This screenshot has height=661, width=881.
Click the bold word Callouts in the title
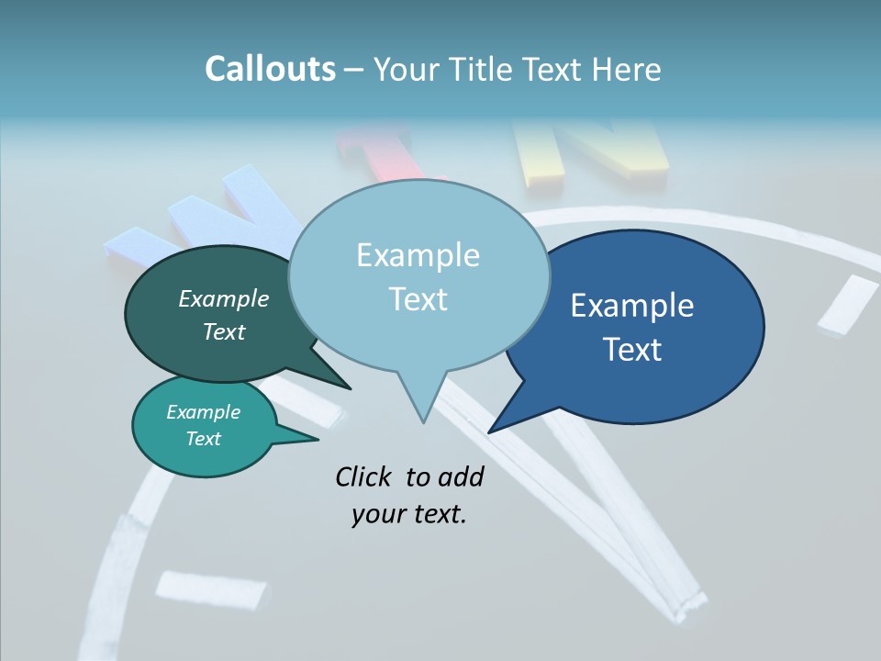tap(270, 69)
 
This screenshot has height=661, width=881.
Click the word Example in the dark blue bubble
tap(632, 305)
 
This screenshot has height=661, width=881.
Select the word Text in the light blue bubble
tap(418, 299)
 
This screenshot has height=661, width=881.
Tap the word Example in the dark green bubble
tap(224, 298)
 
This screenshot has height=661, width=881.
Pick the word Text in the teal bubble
tap(204, 439)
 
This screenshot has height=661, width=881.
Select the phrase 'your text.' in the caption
tap(409, 514)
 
